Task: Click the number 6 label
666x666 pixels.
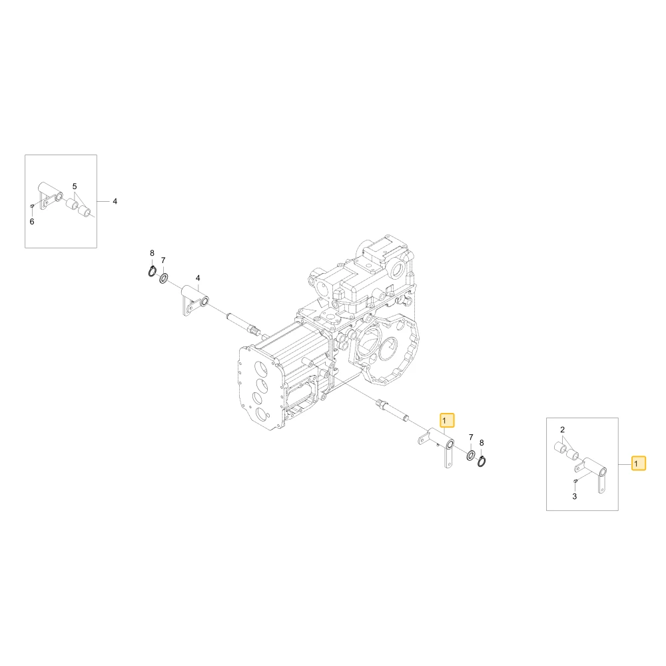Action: tap(32, 222)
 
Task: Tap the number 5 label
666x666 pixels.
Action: tap(75, 186)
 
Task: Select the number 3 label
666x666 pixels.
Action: tap(575, 497)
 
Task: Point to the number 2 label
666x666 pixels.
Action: tap(562, 430)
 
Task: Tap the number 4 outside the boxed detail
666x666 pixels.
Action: tap(115, 201)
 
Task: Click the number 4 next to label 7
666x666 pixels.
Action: tap(198, 278)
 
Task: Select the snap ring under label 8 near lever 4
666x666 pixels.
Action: tap(153, 271)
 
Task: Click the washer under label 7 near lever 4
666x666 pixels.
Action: tap(164, 278)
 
